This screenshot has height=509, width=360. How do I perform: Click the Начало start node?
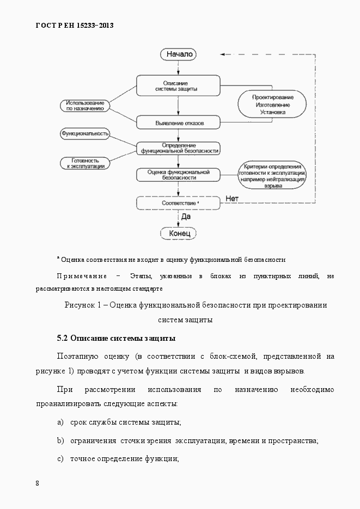coord(178,54)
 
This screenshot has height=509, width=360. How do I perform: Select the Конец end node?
coord(178,233)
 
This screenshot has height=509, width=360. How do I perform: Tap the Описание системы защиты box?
coord(178,85)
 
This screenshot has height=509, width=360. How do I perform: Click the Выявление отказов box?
coord(178,122)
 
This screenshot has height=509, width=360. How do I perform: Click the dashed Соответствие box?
coord(178,203)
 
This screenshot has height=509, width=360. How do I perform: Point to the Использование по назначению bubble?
coord(85,106)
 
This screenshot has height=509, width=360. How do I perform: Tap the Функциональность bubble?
coord(84,133)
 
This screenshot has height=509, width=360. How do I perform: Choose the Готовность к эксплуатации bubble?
coord(84,163)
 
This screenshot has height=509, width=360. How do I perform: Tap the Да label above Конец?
coord(185,216)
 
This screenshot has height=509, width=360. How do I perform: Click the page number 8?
coord(37,483)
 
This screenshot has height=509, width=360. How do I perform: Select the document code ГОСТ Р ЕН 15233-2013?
coord(75,25)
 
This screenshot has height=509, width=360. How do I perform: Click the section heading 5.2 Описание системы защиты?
coord(116,338)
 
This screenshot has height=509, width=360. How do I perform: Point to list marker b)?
coord(60,440)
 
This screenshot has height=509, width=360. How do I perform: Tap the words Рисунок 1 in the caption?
coord(83,305)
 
